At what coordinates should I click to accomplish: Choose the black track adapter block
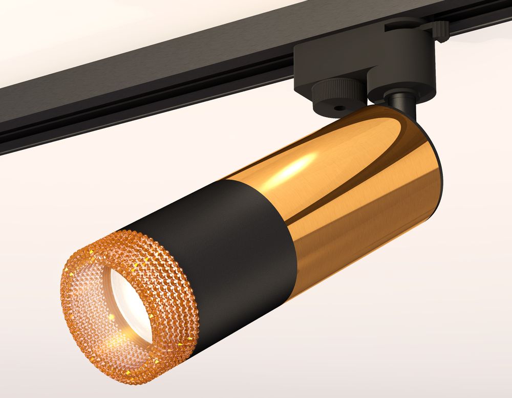click(x=353, y=56)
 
